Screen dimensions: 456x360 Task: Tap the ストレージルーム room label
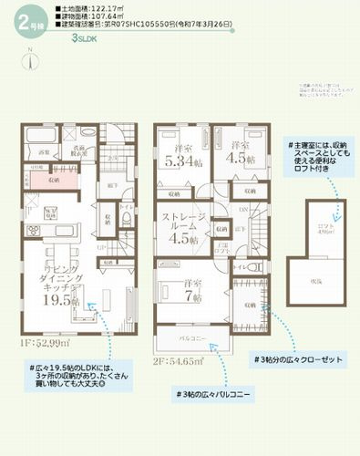pos(186,223)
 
